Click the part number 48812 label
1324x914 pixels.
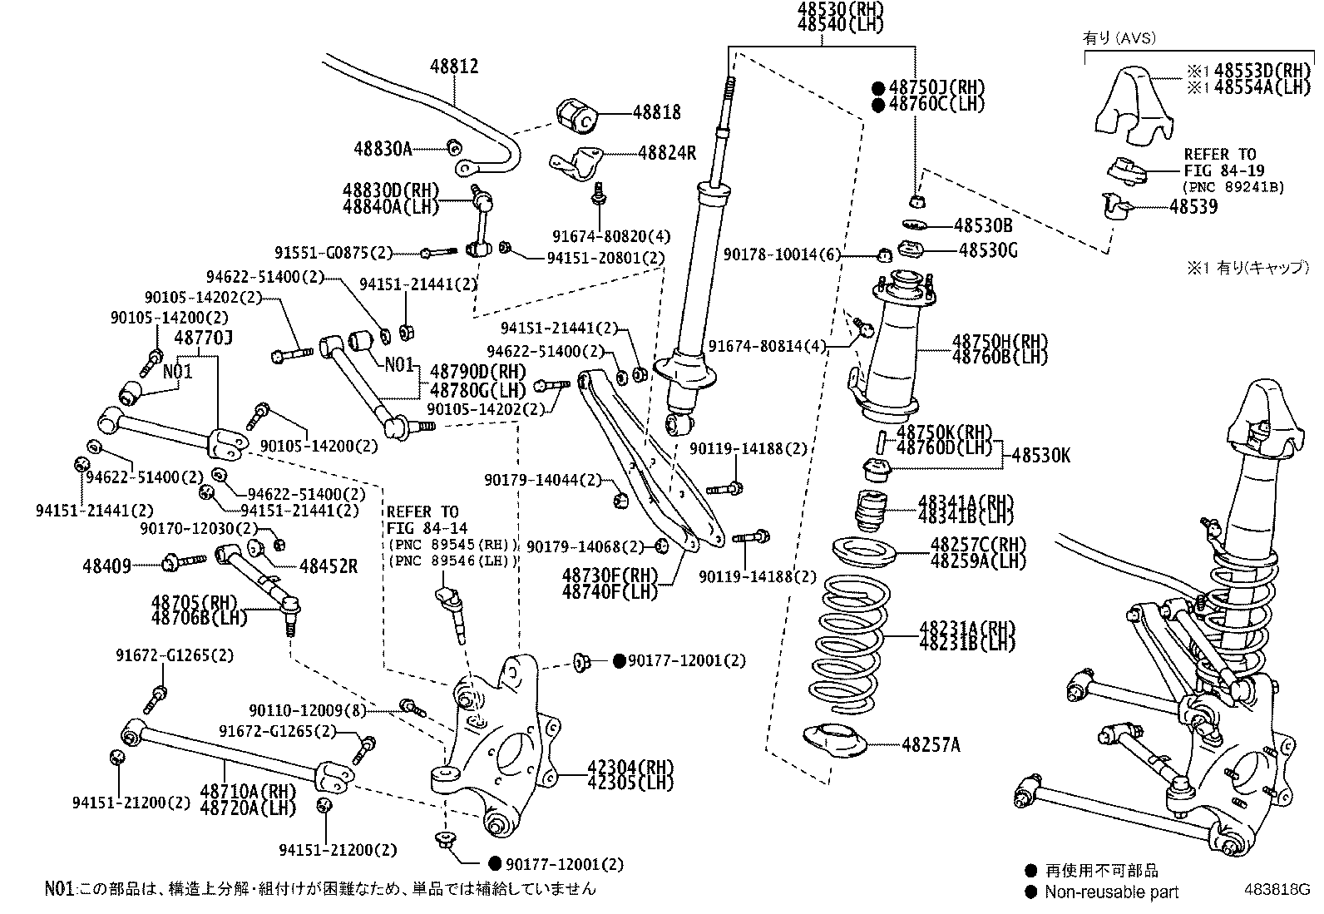454,67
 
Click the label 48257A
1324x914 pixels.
930,745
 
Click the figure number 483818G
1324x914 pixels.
1277,887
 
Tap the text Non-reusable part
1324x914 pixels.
1113,892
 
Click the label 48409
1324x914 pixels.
106,566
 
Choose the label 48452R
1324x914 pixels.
328,566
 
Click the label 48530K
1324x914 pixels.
1040,456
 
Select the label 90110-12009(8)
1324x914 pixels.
308,710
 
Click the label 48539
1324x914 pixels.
1193,206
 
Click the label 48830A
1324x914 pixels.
382,149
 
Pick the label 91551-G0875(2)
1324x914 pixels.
333,252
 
